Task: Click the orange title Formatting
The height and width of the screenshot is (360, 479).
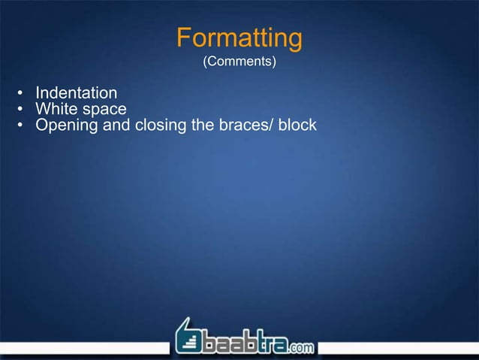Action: pyautogui.click(x=239, y=38)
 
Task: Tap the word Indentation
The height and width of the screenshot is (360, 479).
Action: pyautogui.click(x=77, y=93)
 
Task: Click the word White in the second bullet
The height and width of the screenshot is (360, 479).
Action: pyautogui.click(x=56, y=109)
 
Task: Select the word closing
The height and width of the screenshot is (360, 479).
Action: pyautogui.click(x=160, y=125)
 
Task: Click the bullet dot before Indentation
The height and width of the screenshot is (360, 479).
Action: pyautogui.click(x=21, y=94)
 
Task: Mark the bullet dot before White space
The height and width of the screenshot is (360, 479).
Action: pyautogui.click(x=21, y=110)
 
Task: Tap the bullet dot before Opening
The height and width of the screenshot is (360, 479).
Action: pyautogui.click(x=21, y=125)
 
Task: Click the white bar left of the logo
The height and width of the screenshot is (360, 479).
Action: pyautogui.click(x=83, y=347)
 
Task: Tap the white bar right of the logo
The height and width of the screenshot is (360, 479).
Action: pyautogui.click(x=398, y=347)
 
